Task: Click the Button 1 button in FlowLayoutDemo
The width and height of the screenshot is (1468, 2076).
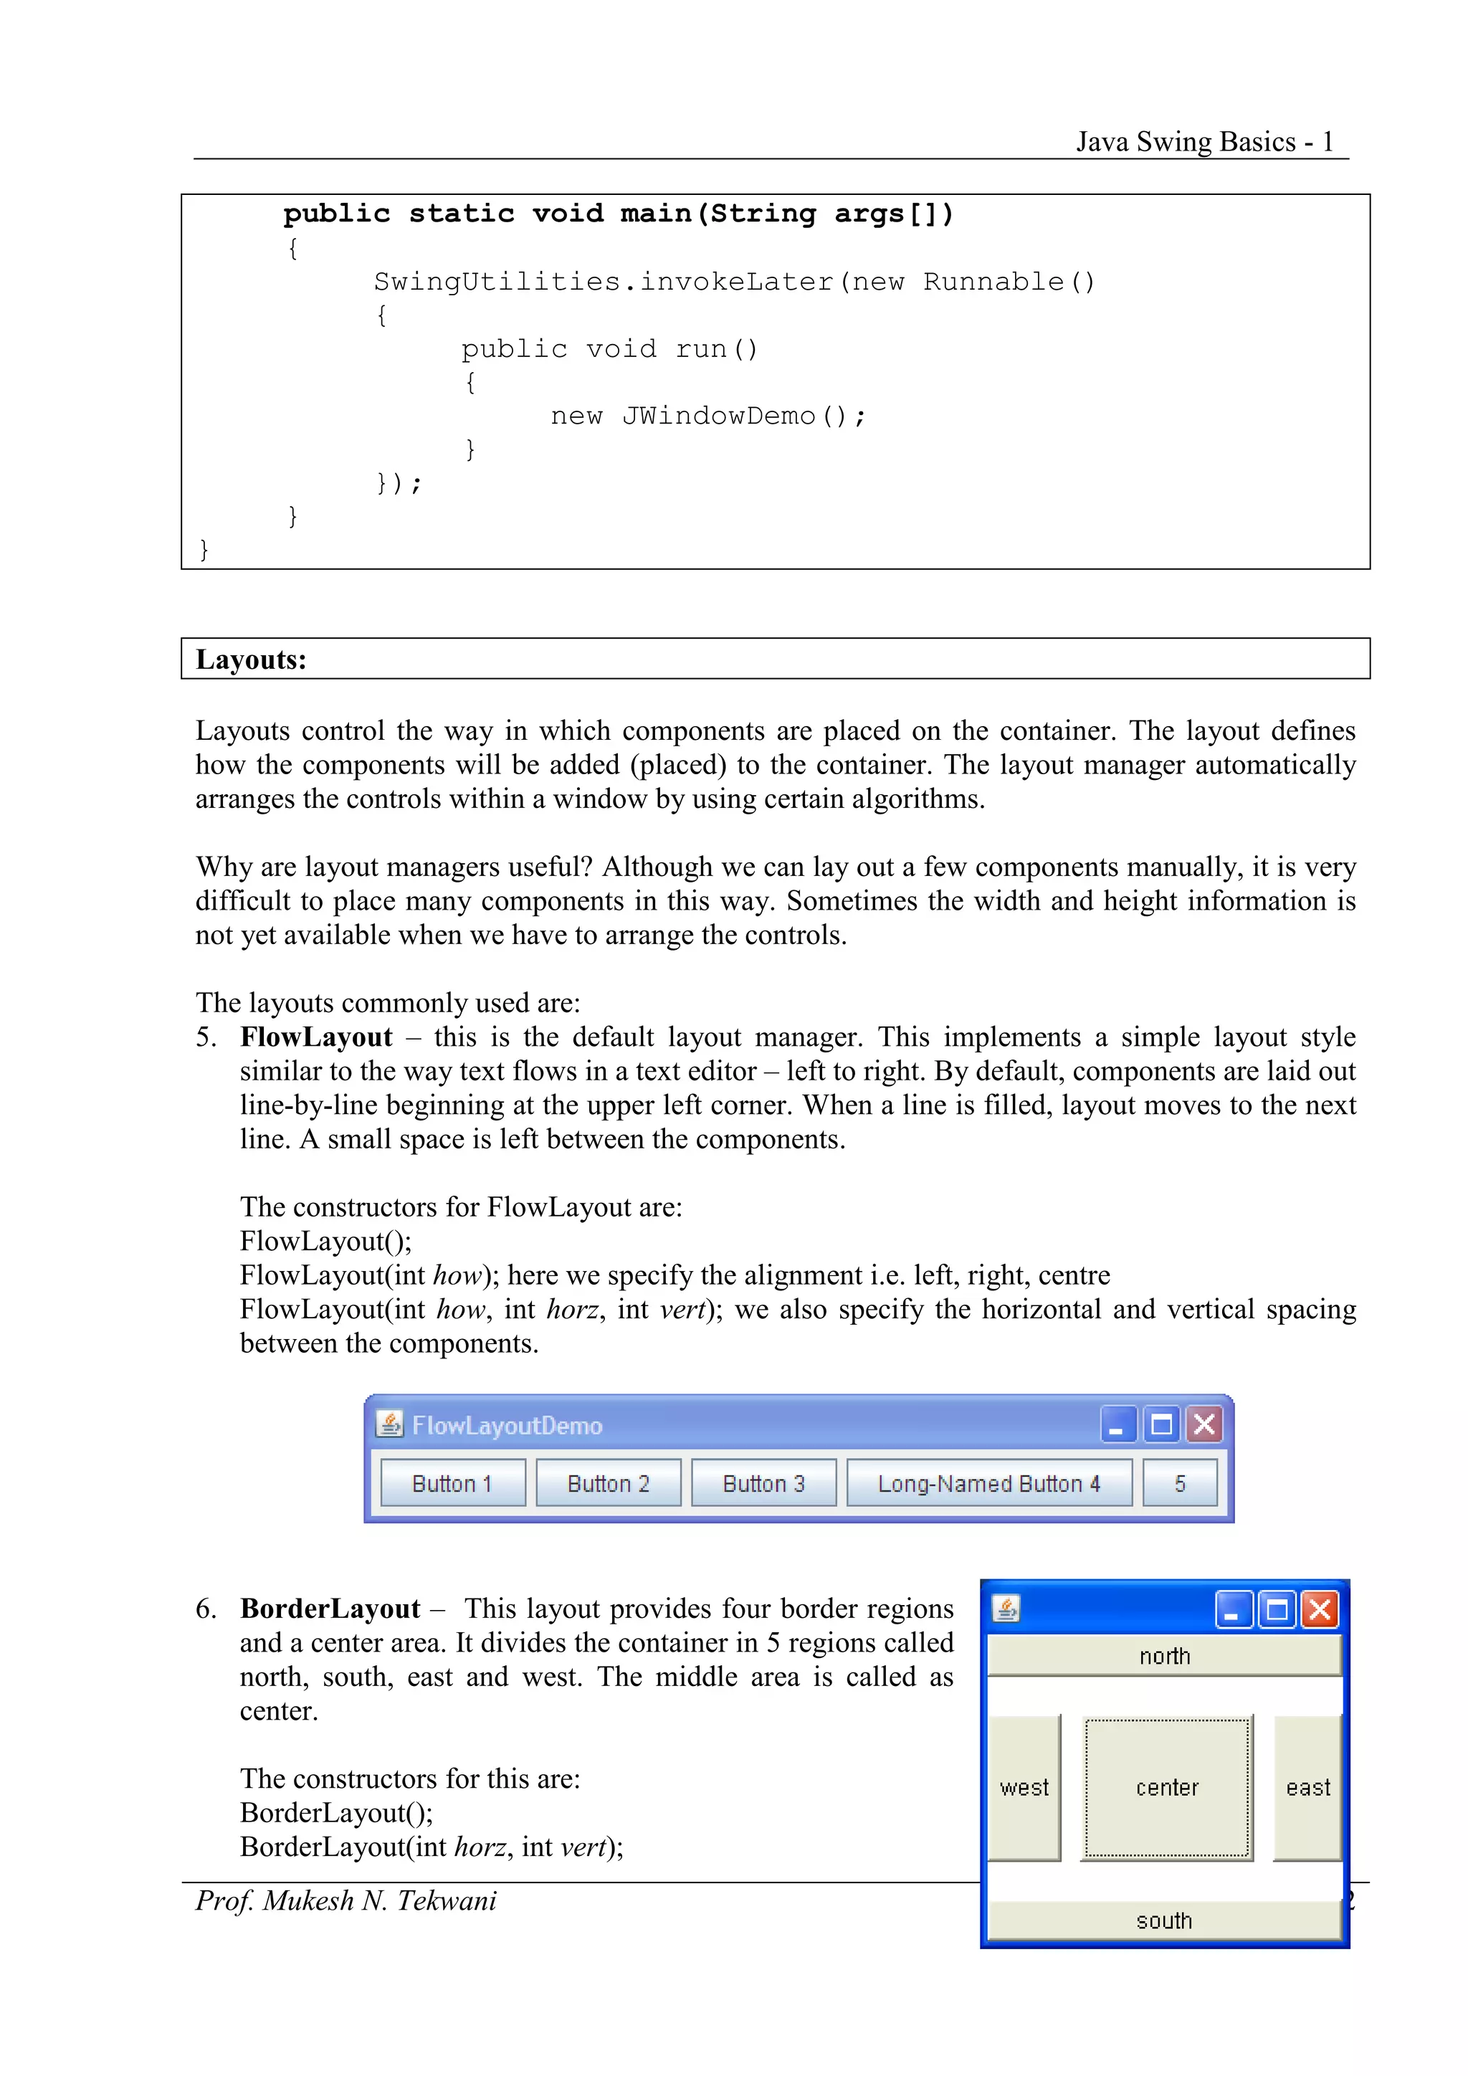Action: [452, 1484]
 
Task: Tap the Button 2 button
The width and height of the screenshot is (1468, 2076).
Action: [609, 1484]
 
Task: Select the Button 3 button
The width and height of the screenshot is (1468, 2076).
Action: [764, 1484]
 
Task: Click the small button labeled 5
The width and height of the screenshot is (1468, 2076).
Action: [1180, 1484]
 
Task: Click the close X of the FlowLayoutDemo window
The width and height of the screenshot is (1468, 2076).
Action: [1204, 1425]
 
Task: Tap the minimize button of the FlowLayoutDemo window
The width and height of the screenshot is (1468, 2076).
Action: [1117, 1425]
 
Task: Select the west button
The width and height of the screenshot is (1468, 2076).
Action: [1024, 1788]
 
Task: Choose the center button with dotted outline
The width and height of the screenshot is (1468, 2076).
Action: [1167, 1788]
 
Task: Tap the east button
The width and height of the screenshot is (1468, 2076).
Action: [1307, 1788]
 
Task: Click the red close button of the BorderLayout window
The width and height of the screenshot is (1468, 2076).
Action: [1320, 1609]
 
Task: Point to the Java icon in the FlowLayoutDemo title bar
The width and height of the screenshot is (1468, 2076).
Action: [389, 1424]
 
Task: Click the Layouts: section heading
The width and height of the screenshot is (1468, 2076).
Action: [252, 660]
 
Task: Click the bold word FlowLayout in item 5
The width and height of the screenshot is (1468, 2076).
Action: [316, 1037]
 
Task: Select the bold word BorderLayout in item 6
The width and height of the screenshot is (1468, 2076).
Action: [330, 1609]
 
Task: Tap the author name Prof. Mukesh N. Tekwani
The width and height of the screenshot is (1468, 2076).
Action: [346, 1900]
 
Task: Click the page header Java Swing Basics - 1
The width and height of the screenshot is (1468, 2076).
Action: [1204, 142]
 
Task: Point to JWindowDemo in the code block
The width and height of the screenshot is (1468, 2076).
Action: [719, 416]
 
